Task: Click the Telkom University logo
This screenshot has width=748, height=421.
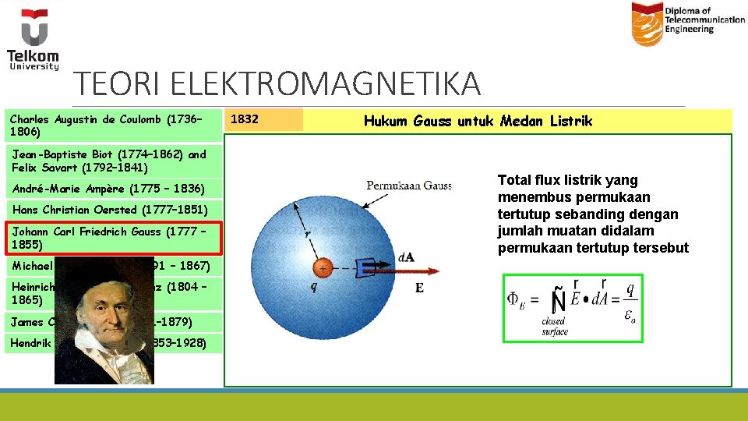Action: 34,39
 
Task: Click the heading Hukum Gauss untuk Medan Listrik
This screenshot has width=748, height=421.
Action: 478,121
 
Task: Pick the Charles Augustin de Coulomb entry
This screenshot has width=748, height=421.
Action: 106,126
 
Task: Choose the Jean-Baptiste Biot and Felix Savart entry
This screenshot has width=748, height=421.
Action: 109,161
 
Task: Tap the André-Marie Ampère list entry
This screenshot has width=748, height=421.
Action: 108,189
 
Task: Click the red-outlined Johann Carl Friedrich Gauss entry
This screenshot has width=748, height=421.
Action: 113,238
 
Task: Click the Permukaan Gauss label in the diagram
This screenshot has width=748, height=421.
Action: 409,186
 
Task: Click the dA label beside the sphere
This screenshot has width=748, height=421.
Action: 406,256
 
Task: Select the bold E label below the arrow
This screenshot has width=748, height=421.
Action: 419,288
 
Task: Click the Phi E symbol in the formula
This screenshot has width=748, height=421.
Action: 518,300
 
